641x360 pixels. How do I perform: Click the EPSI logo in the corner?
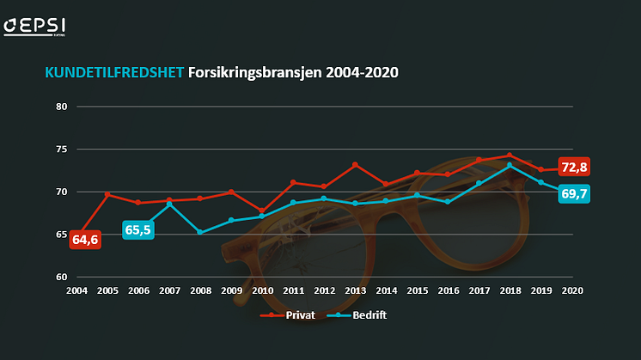click(x=34, y=25)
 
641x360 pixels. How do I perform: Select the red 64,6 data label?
click(x=85, y=240)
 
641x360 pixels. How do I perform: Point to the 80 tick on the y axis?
click(x=61, y=107)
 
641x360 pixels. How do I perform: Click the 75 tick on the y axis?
click(x=61, y=149)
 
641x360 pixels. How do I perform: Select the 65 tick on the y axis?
click(x=61, y=235)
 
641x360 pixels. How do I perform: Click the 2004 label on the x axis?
click(x=77, y=290)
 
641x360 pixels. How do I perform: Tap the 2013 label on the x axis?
click(x=355, y=290)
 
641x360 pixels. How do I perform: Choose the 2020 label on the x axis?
click(x=571, y=290)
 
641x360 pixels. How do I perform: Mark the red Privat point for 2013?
click(x=355, y=164)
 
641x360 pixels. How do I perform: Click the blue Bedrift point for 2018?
click(x=510, y=165)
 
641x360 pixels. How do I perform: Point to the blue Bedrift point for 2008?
click(x=200, y=232)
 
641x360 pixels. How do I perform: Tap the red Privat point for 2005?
click(x=107, y=194)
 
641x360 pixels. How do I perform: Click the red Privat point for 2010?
click(x=262, y=211)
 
